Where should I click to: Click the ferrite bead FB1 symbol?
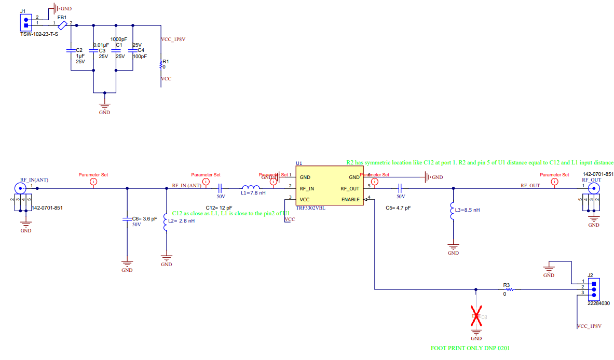tap(62, 24)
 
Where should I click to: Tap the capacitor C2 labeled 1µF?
tap(71, 51)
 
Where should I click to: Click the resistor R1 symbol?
tap(161, 65)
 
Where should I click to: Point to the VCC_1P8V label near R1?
tap(173, 39)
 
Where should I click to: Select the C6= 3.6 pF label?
tap(144, 219)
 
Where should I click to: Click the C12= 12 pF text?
tap(219, 207)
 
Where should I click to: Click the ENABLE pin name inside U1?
tap(350, 200)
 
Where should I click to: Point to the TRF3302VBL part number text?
tap(310, 207)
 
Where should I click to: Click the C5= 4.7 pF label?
tap(399, 207)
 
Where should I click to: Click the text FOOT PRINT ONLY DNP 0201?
tap(473, 348)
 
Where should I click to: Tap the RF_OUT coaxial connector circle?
tap(592, 189)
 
